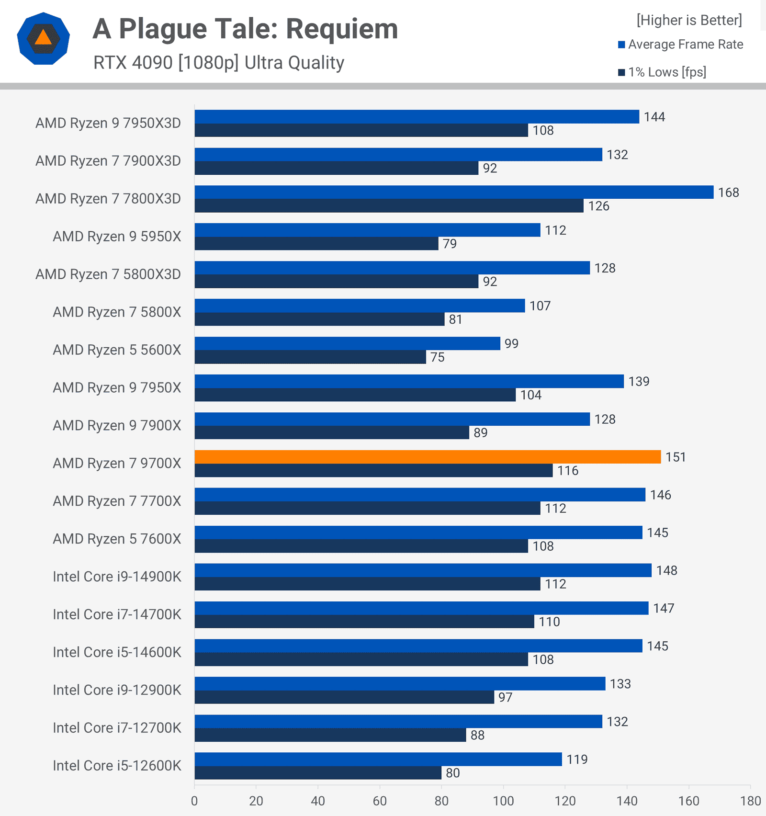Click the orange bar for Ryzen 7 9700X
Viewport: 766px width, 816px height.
[428, 457]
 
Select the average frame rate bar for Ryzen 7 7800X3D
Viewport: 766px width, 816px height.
[454, 192]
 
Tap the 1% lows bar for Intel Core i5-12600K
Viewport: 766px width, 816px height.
[318, 772]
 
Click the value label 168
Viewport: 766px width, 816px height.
[728, 193]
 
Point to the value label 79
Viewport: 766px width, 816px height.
[450, 244]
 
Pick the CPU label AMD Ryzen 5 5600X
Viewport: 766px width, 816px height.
[117, 350]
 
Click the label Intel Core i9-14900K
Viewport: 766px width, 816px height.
[117, 577]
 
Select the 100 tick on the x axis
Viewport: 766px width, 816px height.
[503, 801]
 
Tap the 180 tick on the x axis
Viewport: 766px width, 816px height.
[750, 801]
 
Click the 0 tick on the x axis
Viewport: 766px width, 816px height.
[194, 801]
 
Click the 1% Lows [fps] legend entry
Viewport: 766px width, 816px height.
[667, 72]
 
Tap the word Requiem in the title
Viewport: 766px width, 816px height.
[342, 29]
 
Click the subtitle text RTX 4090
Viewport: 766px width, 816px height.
[133, 63]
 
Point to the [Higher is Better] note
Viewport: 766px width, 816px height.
[689, 20]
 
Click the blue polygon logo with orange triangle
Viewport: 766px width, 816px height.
[44, 38]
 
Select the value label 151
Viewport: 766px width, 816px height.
[676, 457]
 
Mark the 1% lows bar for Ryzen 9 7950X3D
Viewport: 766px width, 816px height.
[361, 130]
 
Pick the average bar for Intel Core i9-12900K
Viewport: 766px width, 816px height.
[400, 683]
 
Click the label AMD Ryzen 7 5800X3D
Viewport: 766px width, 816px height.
[108, 274]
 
